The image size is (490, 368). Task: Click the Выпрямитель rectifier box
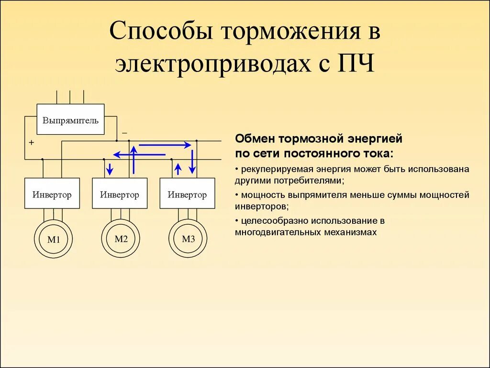[70, 120]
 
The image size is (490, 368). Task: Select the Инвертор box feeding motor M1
[52, 194]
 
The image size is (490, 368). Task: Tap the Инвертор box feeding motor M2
[120, 194]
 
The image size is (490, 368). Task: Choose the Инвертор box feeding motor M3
[187, 194]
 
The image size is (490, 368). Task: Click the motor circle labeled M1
[53, 239]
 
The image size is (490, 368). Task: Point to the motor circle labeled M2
[121, 239]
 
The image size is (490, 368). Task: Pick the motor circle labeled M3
[188, 239]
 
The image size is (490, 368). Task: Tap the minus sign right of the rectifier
[124, 132]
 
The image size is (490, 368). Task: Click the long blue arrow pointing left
[139, 154]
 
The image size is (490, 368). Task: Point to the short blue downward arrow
[110, 169]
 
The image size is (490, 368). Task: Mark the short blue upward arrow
[178, 169]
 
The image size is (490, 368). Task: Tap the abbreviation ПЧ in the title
[356, 63]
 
